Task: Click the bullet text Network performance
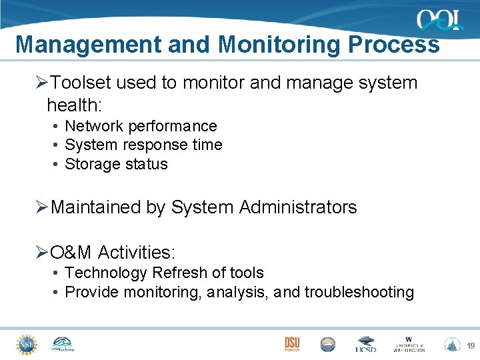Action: tap(141, 126)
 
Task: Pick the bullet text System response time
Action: tap(143, 145)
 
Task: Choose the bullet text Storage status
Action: tap(116, 164)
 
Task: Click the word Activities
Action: tap(137, 253)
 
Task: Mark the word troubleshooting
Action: tap(359, 292)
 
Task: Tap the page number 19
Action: tap(470, 345)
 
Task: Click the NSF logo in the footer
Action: tap(27, 343)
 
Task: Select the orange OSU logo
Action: tap(292, 343)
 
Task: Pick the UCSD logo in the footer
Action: tap(365, 344)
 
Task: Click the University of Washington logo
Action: tap(409, 344)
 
